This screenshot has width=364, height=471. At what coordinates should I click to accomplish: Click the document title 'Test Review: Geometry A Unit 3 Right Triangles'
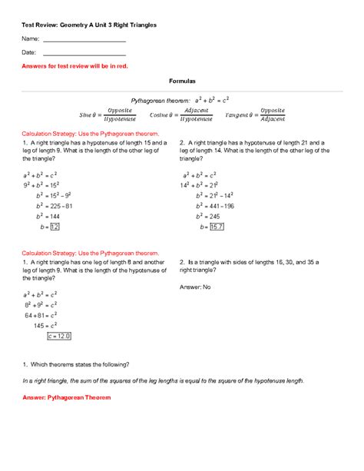pos(89,25)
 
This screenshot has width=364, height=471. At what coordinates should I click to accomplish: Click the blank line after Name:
pos(84,39)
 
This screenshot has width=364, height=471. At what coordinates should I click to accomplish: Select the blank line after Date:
pos(84,53)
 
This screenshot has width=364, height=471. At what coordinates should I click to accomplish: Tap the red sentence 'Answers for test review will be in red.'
pos(74,67)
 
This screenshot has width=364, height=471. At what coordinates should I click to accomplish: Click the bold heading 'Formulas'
pos(182,81)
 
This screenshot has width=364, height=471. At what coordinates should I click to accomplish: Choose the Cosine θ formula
pos(185,115)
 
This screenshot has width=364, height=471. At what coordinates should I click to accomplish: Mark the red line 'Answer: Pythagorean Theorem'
pos(67,398)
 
